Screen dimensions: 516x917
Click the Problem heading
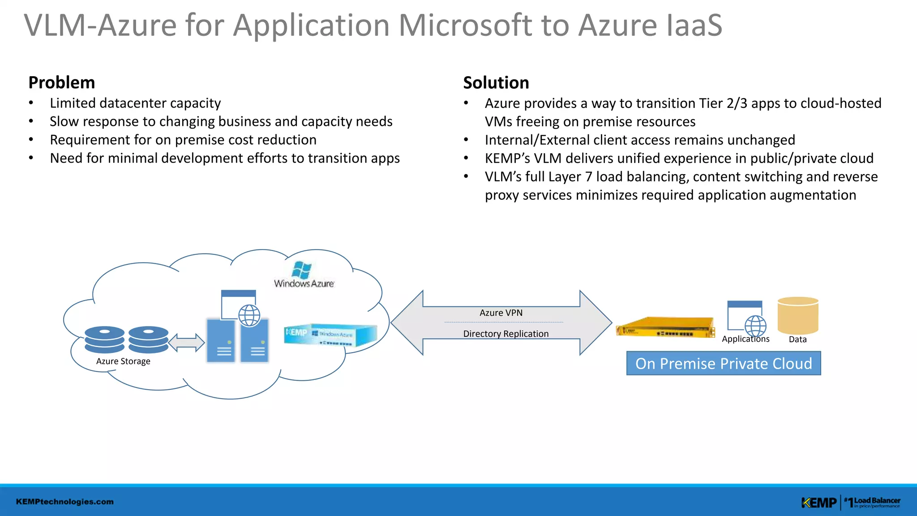point(61,83)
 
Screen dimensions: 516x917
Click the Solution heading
point(496,83)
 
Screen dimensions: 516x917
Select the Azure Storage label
point(123,361)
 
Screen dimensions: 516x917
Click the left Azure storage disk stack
point(104,340)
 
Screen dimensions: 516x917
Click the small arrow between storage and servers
point(186,343)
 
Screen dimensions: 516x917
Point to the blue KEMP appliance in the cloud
point(330,335)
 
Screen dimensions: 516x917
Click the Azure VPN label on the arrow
point(501,313)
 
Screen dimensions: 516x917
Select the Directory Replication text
point(506,334)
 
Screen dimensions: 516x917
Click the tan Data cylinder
point(798,315)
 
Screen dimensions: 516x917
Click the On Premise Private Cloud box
point(723,364)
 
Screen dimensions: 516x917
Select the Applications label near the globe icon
point(745,340)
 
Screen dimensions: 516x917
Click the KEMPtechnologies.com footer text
point(64,502)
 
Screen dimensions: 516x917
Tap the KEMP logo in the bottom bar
point(818,503)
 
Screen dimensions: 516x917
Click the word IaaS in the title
point(694,26)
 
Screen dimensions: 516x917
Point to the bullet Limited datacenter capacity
point(135,103)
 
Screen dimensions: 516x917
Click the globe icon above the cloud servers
point(249,315)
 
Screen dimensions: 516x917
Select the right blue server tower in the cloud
point(255,340)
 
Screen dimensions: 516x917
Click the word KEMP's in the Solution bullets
point(507,159)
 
